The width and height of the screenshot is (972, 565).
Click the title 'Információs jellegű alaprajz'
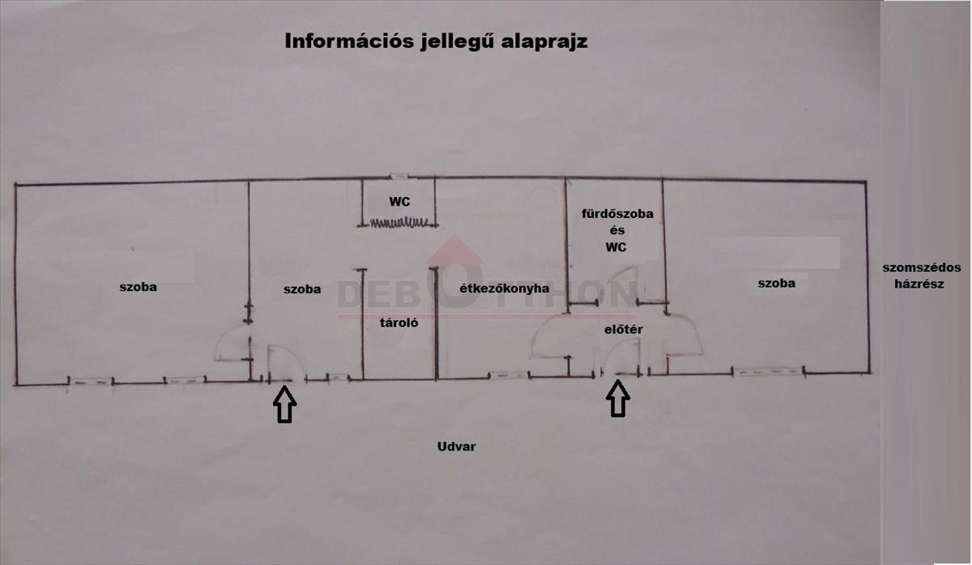(436, 42)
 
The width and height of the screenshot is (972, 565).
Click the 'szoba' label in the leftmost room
(138, 287)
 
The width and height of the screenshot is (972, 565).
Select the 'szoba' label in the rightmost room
(776, 283)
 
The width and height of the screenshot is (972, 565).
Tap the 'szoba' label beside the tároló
(302, 289)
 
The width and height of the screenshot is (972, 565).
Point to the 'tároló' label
(399, 323)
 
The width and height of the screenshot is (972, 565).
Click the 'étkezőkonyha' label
(504, 289)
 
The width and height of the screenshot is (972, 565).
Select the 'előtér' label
(624, 330)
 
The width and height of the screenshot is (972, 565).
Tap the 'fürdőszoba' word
(617, 214)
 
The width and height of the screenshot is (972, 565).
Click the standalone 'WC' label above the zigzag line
(399, 202)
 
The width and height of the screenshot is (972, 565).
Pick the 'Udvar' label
(456, 447)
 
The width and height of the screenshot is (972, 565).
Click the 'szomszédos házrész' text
(921, 276)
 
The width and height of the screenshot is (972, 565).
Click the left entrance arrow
(284, 404)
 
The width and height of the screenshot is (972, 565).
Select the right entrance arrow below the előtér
(618, 399)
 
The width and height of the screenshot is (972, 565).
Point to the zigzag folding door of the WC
(399, 223)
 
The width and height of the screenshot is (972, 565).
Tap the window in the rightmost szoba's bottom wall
(769, 372)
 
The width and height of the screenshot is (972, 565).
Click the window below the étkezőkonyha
(509, 375)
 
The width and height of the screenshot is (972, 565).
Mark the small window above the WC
(399, 177)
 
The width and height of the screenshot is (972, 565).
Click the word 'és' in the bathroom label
(617, 230)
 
